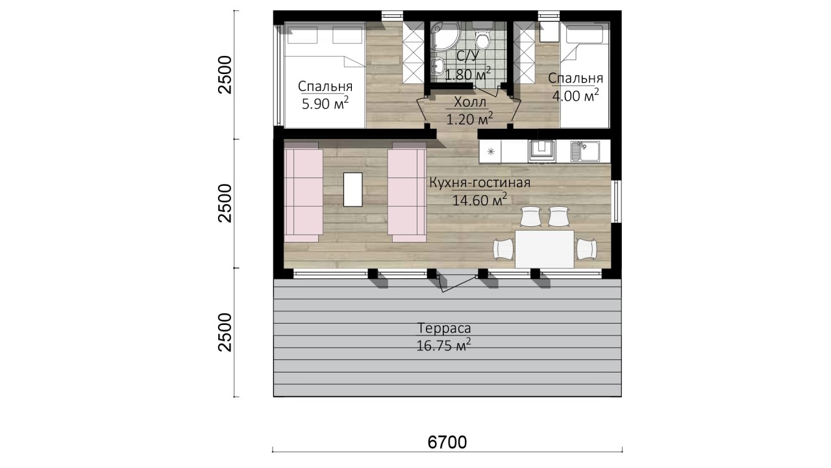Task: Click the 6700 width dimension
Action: point(447,442)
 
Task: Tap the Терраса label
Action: point(444,328)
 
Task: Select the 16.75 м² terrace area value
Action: point(443,345)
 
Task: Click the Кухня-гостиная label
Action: point(480,183)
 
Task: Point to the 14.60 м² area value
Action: point(480,200)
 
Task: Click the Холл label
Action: point(469,102)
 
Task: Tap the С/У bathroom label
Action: point(468,56)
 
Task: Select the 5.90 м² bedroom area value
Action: point(325,103)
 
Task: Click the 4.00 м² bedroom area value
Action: point(575,96)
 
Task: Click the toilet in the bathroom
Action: point(482,36)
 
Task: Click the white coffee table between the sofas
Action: point(353,189)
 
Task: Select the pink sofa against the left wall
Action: point(303,192)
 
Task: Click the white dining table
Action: point(545,249)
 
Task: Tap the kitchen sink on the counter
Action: point(586,151)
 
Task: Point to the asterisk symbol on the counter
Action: point(490,151)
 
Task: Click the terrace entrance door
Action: point(457,283)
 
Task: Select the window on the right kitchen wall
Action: point(616,201)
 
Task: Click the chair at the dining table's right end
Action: point(586,249)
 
